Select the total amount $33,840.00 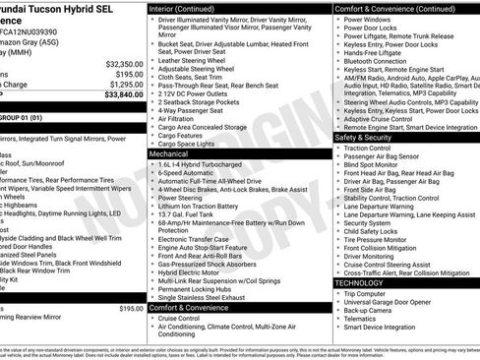tap(118, 95)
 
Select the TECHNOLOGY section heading tap(359, 282)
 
